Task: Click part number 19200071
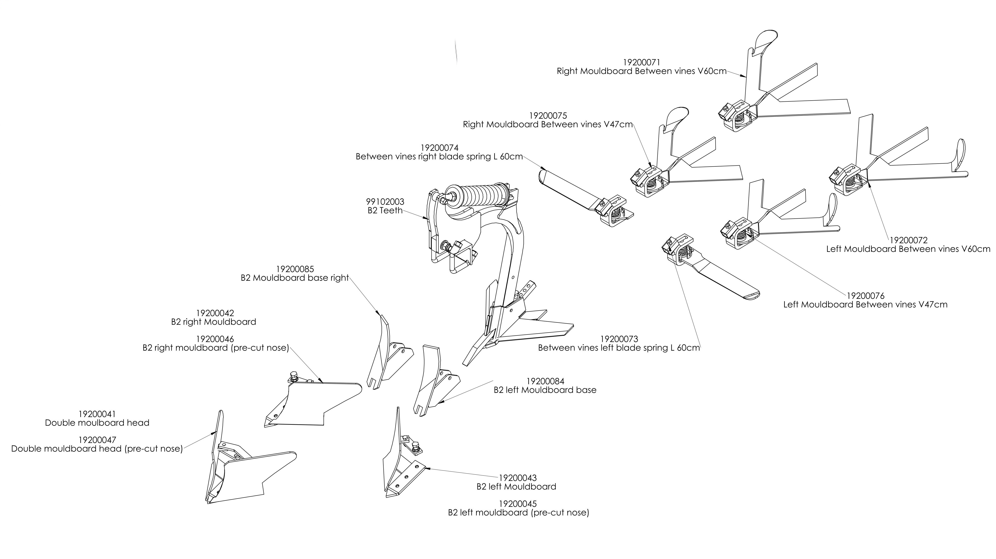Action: point(641,62)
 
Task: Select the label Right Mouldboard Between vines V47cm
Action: point(548,125)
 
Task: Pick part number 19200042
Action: point(215,313)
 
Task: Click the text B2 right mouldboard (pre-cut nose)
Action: point(216,348)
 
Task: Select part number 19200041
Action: point(97,414)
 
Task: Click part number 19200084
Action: point(545,381)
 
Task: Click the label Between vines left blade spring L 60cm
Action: point(619,348)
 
